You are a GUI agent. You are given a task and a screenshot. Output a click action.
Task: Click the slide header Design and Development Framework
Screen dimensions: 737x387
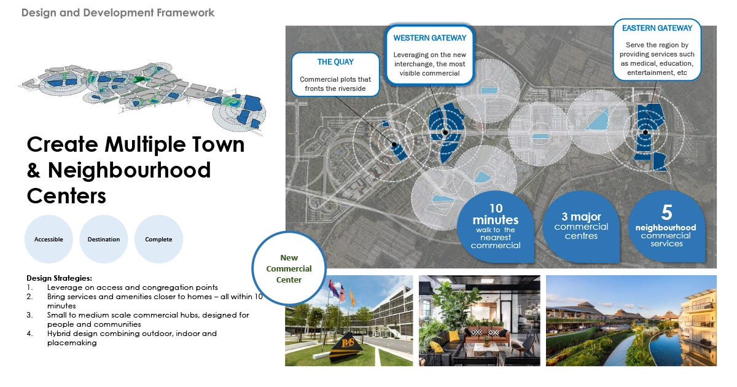(x=118, y=13)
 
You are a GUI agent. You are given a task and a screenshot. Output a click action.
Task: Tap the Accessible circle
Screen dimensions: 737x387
(x=49, y=239)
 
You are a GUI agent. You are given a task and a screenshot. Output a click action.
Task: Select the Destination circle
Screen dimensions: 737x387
(x=104, y=239)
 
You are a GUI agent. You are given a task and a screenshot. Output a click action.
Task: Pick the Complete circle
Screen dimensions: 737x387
(x=158, y=239)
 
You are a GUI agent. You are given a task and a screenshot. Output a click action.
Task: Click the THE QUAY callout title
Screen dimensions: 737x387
(x=335, y=62)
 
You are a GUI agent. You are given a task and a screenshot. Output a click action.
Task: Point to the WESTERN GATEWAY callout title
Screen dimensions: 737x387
(x=430, y=38)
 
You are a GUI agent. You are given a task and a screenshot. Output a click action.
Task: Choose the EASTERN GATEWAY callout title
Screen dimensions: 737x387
(x=657, y=28)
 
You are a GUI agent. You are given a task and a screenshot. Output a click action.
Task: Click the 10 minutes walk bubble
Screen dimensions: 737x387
(x=496, y=227)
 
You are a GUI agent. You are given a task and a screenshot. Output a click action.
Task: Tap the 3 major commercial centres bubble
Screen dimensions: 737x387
(x=581, y=227)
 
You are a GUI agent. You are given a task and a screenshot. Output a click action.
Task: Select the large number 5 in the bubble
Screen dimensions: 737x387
(x=666, y=213)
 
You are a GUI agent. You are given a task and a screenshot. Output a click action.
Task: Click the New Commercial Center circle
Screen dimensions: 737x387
(x=289, y=268)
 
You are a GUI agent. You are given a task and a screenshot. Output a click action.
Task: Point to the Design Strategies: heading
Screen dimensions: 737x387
(x=59, y=278)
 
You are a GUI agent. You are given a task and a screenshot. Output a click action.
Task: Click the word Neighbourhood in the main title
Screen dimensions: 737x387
(x=130, y=170)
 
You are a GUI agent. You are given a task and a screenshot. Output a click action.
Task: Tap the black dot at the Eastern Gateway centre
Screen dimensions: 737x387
(x=645, y=133)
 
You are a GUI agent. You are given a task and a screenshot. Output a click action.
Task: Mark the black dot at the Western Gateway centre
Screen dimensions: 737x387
(x=445, y=132)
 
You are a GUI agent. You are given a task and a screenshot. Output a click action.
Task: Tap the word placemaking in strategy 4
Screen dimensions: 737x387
(x=72, y=343)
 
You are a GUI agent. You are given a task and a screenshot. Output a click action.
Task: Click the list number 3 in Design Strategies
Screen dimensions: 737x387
(x=29, y=315)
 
